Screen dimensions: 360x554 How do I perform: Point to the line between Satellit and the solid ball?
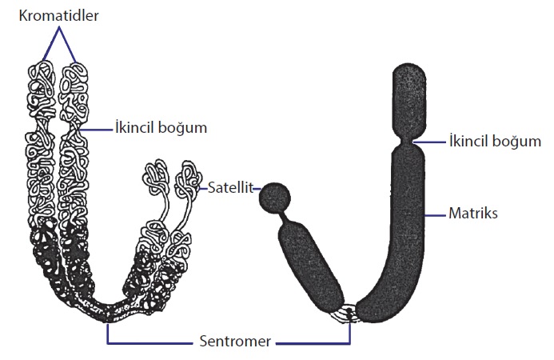[257, 188]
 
